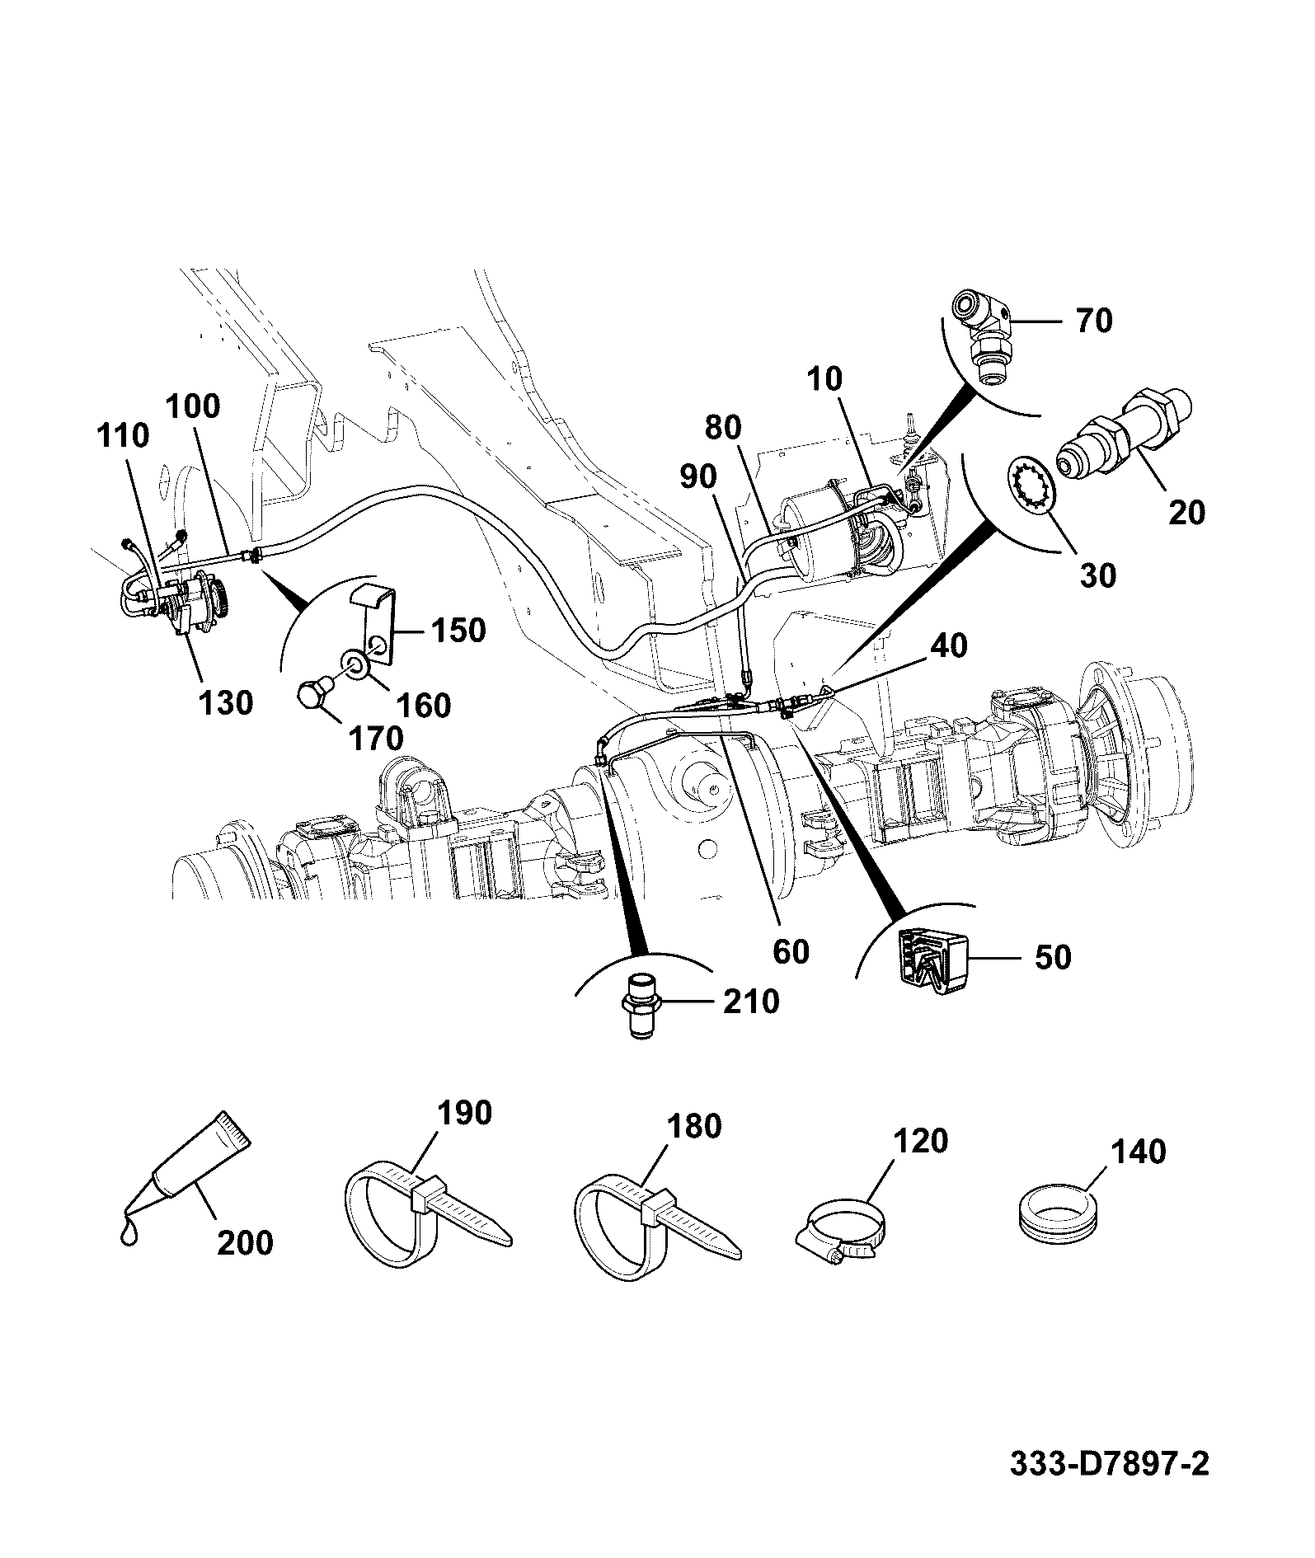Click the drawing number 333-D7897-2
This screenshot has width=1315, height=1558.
pyautogui.click(x=1109, y=1464)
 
